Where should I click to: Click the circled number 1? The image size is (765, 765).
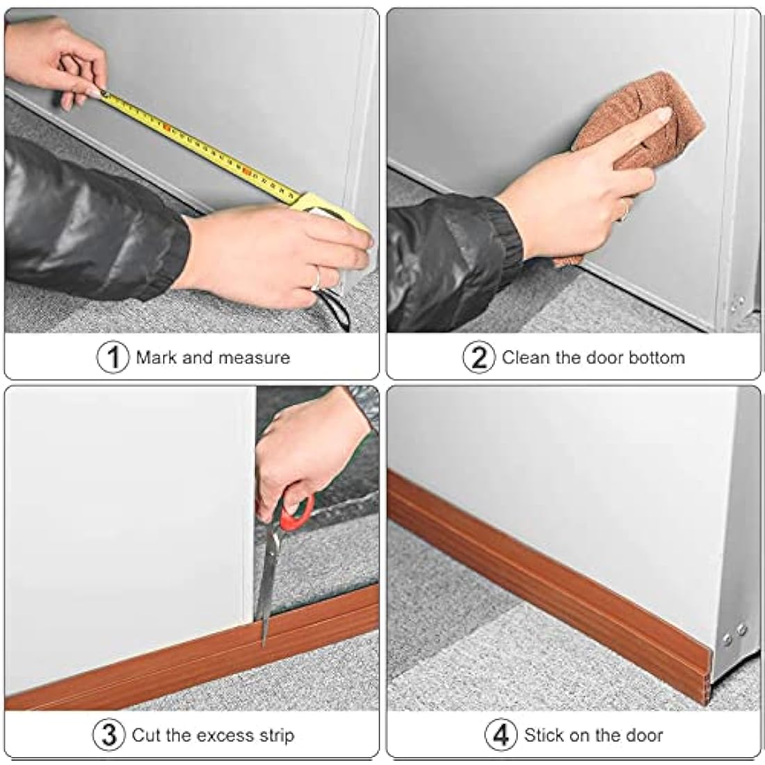(x=112, y=357)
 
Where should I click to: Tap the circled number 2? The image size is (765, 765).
(x=479, y=357)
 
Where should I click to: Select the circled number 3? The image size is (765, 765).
(x=109, y=735)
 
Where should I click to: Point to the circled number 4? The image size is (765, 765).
(x=501, y=735)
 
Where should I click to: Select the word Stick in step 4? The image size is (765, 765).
(x=544, y=735)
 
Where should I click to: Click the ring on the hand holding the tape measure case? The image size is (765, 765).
(x=316, y=279)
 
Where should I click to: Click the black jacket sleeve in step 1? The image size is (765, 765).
(x=90, y=223)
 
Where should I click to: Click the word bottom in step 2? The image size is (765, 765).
(x=657, y=358)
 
